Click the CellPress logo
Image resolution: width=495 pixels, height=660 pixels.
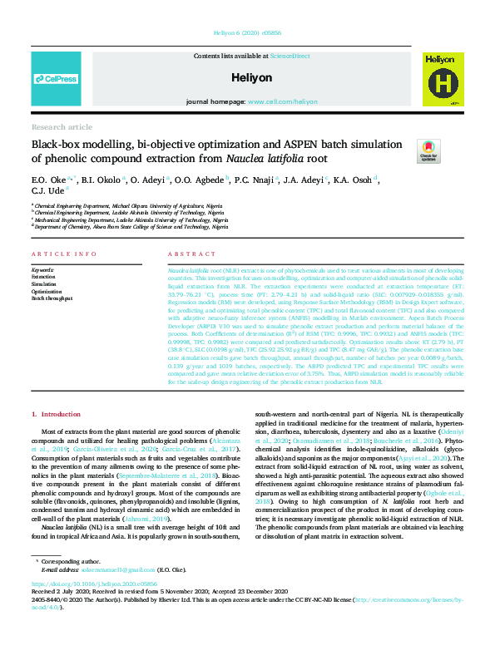click(57, 79)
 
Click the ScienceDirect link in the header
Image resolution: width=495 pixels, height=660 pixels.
click(290, 55)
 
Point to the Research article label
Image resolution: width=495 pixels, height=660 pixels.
click(62, 127)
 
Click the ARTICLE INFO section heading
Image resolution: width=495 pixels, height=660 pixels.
click(63, 253)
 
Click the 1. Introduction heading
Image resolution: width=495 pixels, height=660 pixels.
click(56, 414)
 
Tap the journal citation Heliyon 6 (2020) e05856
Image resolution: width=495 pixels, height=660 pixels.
click(246, 34)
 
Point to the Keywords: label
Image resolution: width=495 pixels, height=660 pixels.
click(42, 270)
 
